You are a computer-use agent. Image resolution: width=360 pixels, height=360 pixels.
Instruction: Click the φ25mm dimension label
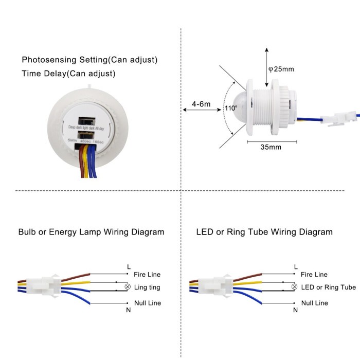284,69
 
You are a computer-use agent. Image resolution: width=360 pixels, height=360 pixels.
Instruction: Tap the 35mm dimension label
271,147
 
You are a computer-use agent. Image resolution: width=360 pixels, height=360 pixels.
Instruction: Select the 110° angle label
231,109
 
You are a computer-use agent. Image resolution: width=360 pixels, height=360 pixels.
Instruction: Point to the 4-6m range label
201,104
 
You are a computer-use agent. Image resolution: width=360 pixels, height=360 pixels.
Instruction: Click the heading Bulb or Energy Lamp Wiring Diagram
91,232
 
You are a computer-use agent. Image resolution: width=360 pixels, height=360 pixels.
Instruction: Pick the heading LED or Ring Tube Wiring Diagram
264,232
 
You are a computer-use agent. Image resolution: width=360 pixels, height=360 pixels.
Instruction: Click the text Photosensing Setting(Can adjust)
89,60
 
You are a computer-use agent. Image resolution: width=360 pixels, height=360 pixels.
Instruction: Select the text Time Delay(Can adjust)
68,74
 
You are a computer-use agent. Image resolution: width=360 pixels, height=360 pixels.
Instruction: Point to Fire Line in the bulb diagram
148,275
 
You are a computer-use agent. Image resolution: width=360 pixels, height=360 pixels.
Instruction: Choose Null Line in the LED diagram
314,303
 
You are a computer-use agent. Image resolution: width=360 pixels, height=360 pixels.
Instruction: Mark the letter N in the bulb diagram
129,310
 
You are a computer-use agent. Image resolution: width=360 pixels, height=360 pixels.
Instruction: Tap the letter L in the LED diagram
296,266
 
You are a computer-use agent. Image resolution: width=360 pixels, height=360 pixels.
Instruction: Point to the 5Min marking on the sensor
73,140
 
